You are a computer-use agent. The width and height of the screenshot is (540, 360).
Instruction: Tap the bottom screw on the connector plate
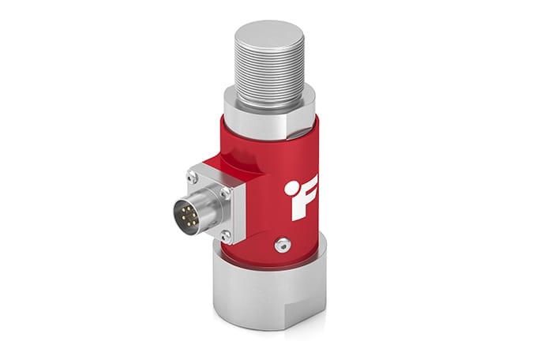pyautogui.click(x=227, y=234)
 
